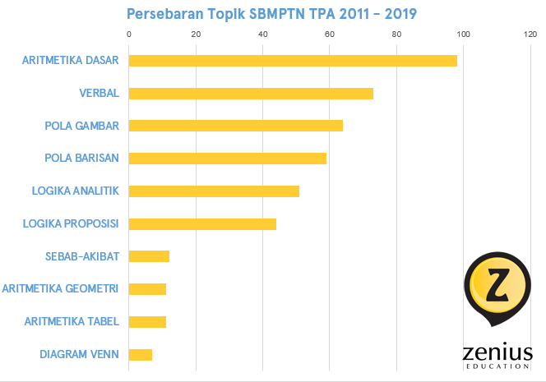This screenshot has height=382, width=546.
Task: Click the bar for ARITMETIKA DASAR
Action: click(293, 61)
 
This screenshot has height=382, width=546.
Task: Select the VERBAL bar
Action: click(251, 93)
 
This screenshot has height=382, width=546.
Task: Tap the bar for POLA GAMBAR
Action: click(236, 126)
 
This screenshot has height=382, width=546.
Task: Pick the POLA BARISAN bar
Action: click(228, 159)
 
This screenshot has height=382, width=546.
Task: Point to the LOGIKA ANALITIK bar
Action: click(214, 191)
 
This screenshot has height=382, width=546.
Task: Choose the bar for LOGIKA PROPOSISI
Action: click(202, 223)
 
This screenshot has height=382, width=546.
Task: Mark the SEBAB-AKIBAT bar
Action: click(149, 256)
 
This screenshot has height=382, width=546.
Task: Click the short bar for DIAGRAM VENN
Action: click(141, 355)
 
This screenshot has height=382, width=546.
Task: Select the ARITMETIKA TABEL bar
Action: click(147, 322)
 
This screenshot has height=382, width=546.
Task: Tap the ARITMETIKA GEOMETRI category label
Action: click(61, 289)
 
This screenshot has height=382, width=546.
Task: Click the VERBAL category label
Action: click(99, 93)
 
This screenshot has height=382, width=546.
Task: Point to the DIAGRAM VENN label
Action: click(80, 355)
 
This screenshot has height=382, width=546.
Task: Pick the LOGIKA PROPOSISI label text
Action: click(72, 223)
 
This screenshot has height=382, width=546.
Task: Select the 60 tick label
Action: click(329, 35)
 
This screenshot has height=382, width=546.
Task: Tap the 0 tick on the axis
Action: click(129, 35)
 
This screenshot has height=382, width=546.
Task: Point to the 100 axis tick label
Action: click(463, 35)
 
